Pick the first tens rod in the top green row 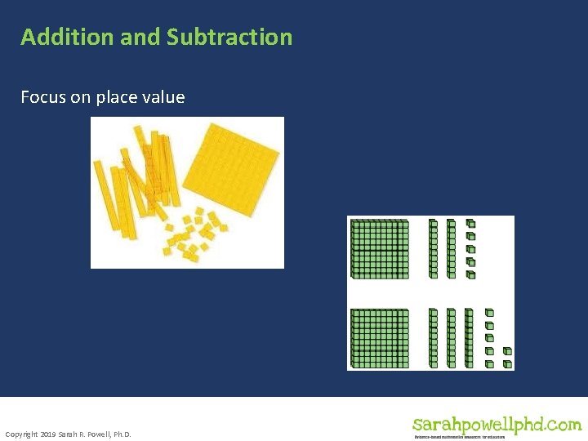pyautogui.click(x=434, y=248)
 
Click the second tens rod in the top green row pyautogui.click(x=451, y=248)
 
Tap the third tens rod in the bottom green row pyautogui.click(x=468, y=336)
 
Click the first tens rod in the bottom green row pyautogui.click(x=434, y=336)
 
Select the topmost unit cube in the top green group pyautogui.click(x=470, y=223)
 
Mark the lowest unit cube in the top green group pyautogui.click(x=470, y=274)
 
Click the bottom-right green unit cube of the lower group pyautogui.click(x=507, y=363)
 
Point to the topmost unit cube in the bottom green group pyautogui.click(x=489, y=312)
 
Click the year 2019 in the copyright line pyautogui.click(x=47, y=434)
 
